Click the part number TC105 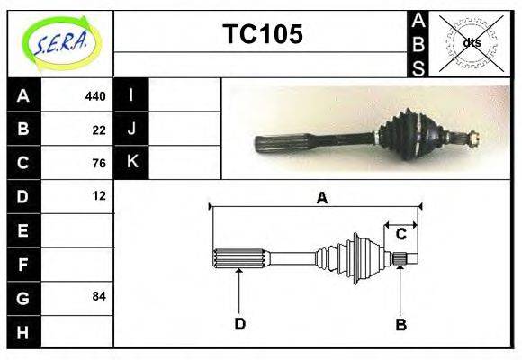tap(262, 34)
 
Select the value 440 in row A tap(95, 95)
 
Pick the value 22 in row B tap(99, 130)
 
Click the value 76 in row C tap(99, 163)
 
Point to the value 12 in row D tap(99, 195)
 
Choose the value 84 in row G tap(99, 296)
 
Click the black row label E tap(23, 230)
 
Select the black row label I tap(131, 95)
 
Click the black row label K tap(131, 163)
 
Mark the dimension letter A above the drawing tap(320, 198)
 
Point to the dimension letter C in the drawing tap(401, 234)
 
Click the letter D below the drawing tap(239, 324)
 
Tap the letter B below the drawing tap(401, 324)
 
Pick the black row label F tap(23, 265)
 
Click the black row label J tap(131, 130)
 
